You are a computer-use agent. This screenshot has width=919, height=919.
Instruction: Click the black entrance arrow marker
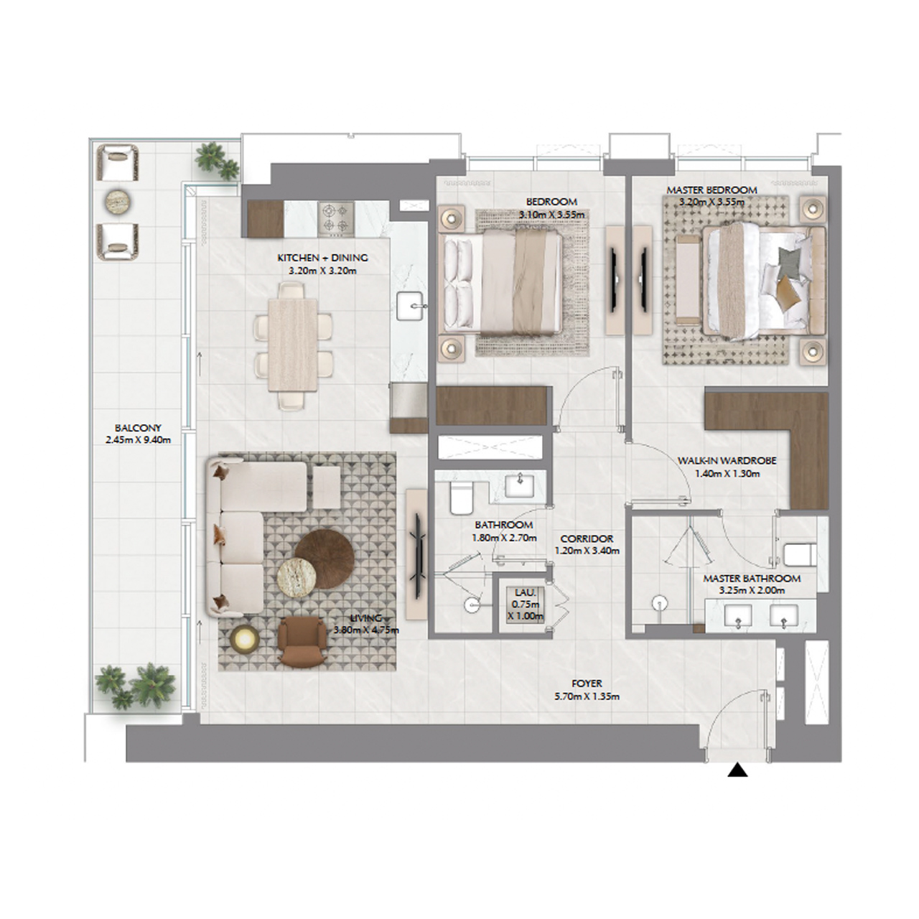pyautogui.click(x=738, y=771)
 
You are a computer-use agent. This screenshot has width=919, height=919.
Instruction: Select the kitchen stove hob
pyautogui.click(x=335, y=218)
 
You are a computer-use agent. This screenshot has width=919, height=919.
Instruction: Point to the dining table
pyautogui.click(x=293, y=345)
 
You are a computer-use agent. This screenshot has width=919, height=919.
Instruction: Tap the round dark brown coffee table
pyautogui.click(x=324, y=554)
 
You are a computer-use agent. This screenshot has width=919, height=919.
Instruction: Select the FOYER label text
pyautogui.click(x=587, y=684)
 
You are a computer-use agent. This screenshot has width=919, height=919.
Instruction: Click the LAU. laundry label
pyautogui.click(x=523, y=592)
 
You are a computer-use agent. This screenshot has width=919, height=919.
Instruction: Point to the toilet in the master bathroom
pyautogui.click(x=798, y=555)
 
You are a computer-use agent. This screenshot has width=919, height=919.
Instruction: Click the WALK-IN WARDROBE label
pyautogui.click(x=727, y=461)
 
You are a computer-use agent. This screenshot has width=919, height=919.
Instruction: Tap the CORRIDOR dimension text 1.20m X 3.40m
pyautogui.click(x=587, y=551)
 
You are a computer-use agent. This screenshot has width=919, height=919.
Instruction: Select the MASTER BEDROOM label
pyautogui.click(x=712, y=190)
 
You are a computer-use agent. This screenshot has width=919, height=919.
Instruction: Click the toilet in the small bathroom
pyautogui.click(x=459, y=496)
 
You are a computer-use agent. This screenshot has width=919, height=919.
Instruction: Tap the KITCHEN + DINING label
pyautogui.click(x=322, y=258)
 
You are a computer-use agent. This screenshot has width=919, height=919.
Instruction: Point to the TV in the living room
pyautogui.click(x=416, y=546)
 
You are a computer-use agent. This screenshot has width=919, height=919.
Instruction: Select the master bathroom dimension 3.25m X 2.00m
pyautogui.click(x=752, y=591)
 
